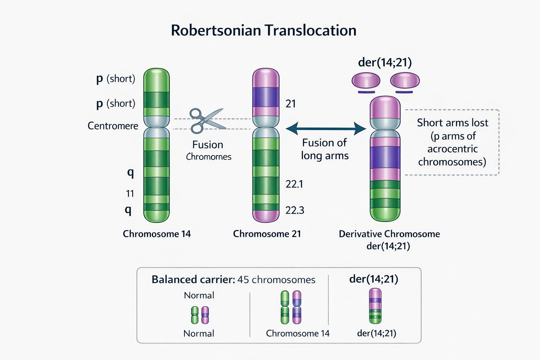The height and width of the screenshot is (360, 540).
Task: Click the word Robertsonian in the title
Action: pos(216,31)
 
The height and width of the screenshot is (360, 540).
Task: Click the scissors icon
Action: pos(205,120)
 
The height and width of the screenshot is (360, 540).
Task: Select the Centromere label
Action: pos(113,126)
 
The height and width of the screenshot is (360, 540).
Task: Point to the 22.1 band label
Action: pos(294,184)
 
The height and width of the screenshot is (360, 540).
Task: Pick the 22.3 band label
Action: pos(295,210)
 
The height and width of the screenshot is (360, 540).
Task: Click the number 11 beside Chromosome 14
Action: pos(130,194)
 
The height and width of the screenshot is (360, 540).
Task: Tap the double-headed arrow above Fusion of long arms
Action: pos(326,129)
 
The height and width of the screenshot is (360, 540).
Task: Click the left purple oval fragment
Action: pos(366,80)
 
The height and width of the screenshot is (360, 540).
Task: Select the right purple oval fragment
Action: pos(405,80)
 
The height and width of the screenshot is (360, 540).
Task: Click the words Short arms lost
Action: pos(452,123)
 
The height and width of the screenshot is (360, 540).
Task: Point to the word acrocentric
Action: pos(452,149)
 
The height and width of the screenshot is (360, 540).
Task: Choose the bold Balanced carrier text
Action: pos(193,279)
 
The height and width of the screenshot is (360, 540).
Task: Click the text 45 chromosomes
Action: pos(276,279)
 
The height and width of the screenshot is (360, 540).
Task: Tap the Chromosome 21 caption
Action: pos(267,234)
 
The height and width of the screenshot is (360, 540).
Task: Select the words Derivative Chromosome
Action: pos(389,234)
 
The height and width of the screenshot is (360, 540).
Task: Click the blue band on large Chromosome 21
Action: pos(266,97)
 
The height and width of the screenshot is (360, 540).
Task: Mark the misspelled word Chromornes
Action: pos(208,157)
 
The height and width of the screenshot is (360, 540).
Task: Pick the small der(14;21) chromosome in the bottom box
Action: pos(375,306)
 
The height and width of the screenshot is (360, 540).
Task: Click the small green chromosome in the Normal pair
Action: pos(195,315)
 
